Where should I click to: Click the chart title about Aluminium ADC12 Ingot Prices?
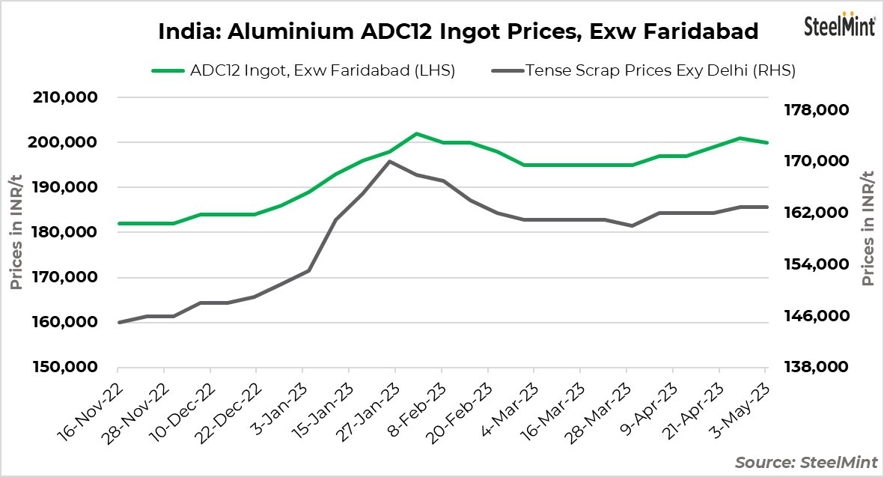point(458,31)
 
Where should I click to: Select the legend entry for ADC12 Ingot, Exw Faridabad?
point(303,71)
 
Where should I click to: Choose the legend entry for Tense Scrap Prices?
point(643,71)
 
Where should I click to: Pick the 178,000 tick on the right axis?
point(817,110)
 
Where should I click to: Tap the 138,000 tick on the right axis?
point(817,367)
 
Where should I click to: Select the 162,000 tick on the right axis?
point(817,213)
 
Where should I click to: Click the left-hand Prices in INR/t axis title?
point(16,232)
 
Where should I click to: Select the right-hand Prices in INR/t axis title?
point(868,228)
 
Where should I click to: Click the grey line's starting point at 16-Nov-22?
point(118,322)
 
